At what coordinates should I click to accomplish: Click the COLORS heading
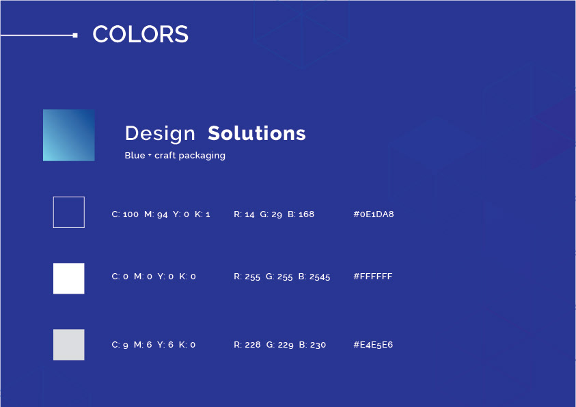(140, 34)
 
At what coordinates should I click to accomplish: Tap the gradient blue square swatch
(69, 135)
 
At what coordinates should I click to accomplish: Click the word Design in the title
(160, 133)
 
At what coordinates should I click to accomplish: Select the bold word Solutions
(257, 133)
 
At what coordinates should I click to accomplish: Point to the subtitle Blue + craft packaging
(175, 155)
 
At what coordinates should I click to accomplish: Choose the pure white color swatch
(69, 278)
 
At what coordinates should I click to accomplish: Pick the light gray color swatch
(69, 345)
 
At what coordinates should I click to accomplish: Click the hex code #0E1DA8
(374, 214)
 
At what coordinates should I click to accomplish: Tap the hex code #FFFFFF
(373, 276)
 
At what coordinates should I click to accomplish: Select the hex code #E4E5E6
(373, 345)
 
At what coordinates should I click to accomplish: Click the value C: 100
(125, 214)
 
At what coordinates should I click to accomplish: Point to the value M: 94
(156, 214)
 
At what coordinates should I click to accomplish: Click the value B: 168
(301, 214)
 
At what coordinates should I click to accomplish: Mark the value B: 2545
(314, 277)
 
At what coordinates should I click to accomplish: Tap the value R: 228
(247, 345)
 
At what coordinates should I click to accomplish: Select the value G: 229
(280, 345)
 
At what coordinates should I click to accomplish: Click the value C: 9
(120, 345)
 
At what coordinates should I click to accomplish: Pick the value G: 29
(271, 214)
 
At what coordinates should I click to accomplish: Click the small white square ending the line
(75, 36)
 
